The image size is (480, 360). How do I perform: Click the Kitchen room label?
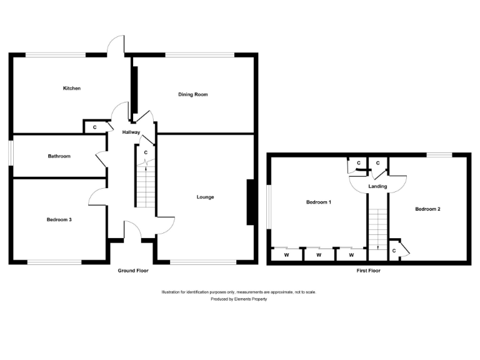coord(72,89)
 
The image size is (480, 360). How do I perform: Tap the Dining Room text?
coord(193,94)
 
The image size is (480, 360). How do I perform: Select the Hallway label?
coord(131,132)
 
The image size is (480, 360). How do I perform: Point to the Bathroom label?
coord(59,156)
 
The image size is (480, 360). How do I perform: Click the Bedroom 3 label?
coord(59,219)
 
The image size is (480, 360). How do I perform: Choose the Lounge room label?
coord(205,197)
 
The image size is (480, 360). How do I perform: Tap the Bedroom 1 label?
coord(318,202)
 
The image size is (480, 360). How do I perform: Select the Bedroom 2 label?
coord(428,209)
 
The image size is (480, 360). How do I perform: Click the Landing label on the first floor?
coord(377,186)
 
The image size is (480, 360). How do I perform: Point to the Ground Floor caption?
coord(134,271)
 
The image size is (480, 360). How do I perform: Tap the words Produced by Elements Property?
coord(239,299)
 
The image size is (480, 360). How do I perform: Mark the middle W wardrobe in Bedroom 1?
coord(318,255)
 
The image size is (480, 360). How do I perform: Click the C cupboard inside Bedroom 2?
coord(394,251)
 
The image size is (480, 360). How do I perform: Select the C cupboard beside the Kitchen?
coord(94,127)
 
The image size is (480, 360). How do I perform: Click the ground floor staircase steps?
coord(145,187)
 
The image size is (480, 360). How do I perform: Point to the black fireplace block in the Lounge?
coord(251,202)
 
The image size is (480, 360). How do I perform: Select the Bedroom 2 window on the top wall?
coord(439,154)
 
